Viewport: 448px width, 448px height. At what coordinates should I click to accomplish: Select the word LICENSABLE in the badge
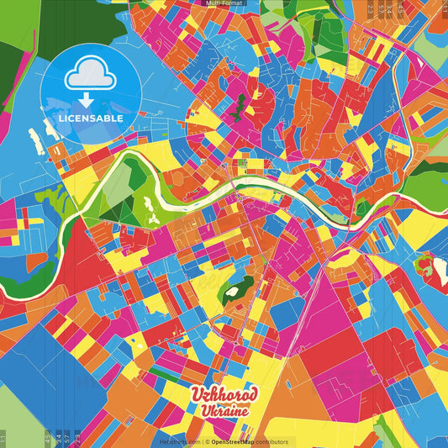click(91, 119)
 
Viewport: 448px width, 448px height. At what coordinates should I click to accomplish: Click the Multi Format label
click(224, 3)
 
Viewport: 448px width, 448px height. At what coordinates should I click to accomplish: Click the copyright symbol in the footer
click(207, 441)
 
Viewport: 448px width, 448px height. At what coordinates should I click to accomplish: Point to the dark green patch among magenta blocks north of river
click(240, 107)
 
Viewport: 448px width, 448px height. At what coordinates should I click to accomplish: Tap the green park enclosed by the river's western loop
click(126, 189)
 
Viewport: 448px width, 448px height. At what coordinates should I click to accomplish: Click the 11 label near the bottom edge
click(3, 437)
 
